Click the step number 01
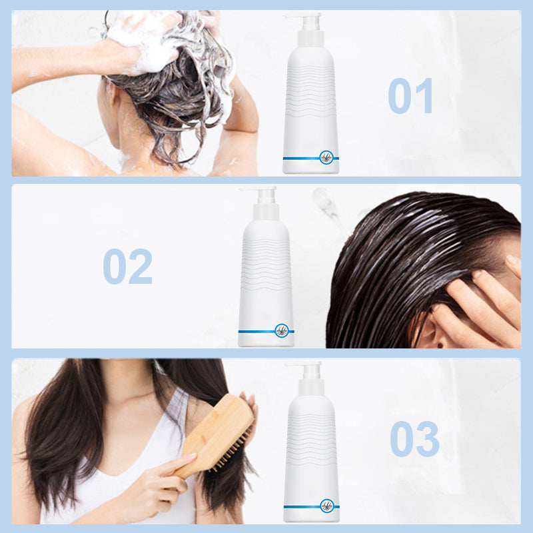click(410, 95)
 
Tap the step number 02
click(127, 266)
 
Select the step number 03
click(414, 439)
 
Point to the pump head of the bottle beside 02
click(263, 203)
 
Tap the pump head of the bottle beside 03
click(308, 377)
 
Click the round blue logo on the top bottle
click(326, 158)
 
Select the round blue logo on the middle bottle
click(282, 330)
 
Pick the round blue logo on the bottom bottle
click(327, 506)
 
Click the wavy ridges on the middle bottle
click(265, 265)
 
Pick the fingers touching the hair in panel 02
click(482, 299)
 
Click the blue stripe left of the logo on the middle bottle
click(257, 331)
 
